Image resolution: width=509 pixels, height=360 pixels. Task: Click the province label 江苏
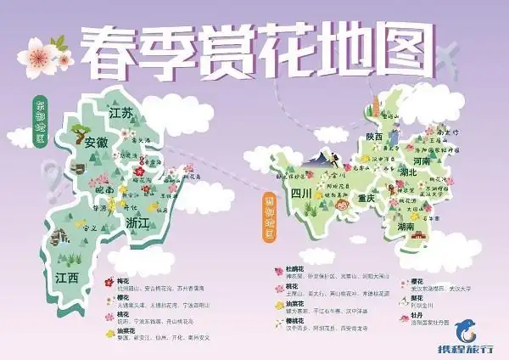click(121, 113)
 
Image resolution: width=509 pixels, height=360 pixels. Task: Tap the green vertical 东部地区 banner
click(40, 121)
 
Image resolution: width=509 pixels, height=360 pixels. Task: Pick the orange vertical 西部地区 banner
click(269, 216)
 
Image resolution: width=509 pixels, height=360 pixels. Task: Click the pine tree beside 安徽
click(79, 132)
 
